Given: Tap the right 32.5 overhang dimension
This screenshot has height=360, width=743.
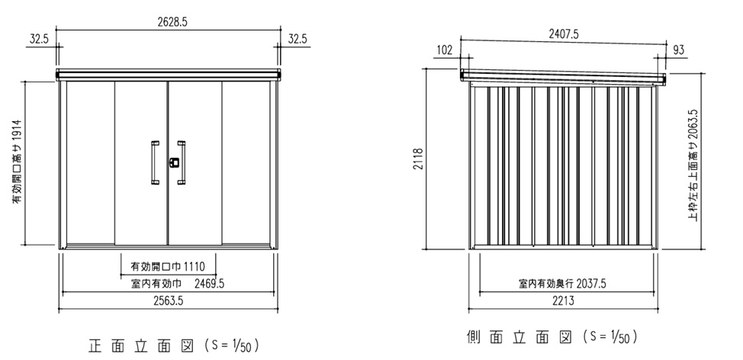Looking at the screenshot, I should tap(298, 40).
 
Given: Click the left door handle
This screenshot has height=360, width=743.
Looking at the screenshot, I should tap(155, 162).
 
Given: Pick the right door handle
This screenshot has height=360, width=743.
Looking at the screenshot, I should tap(182, 162).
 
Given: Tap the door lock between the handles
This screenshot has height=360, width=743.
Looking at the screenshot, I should tap(174, 162).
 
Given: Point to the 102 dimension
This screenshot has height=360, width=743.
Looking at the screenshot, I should tap(445, 50).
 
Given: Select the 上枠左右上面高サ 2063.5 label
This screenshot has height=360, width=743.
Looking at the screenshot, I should tap(693, 163).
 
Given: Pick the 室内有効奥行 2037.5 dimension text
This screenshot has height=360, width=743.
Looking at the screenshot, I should tap(563, 284).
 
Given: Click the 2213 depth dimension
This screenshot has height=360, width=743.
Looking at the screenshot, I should tap(562, 301).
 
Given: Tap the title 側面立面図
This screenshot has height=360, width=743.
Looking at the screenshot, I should tap(516, 336).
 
